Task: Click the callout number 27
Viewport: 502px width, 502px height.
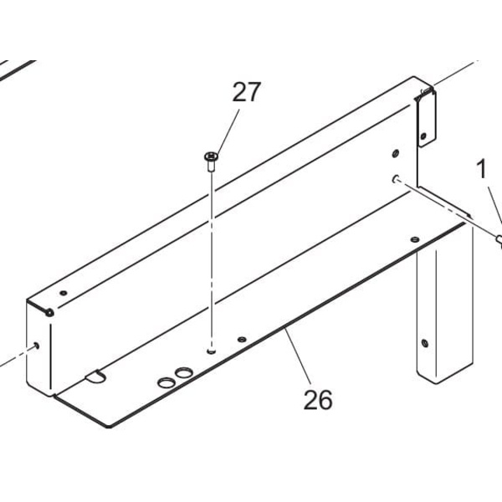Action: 247,92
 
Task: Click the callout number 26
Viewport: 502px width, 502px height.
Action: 318,400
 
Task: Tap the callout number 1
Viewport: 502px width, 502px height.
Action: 481,169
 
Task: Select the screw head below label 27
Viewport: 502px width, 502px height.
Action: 211,157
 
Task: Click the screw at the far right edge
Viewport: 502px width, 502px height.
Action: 499,240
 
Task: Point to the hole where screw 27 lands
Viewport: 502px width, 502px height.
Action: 212,351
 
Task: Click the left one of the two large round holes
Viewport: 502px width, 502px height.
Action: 166,383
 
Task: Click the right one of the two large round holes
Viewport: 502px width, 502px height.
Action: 184,372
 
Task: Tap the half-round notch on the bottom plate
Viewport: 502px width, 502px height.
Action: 95,376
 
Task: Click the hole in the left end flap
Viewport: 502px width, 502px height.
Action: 37,345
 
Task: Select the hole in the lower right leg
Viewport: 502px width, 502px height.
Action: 425,343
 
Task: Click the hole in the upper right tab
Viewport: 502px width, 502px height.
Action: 423,136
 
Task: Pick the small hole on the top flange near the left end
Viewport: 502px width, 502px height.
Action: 64,293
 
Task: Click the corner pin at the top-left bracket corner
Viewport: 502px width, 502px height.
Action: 49,312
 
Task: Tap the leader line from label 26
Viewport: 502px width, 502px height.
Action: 297,356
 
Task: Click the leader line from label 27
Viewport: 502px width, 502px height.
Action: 228,132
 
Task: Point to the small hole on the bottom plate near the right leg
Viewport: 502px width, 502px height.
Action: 415,239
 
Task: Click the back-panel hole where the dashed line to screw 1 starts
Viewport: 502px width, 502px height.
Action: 396,178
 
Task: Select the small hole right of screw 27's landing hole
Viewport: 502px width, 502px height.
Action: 242,339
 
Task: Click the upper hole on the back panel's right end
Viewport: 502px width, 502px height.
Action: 396,153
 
